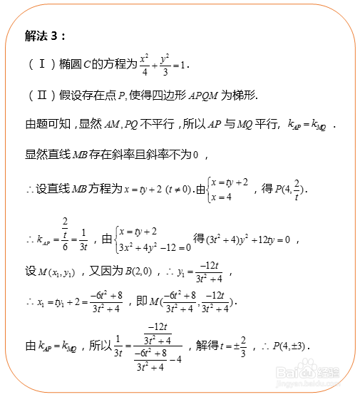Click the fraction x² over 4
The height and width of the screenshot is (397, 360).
144,64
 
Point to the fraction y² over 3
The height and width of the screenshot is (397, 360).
165,64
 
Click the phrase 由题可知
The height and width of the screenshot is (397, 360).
48,124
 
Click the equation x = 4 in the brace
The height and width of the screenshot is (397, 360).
225,197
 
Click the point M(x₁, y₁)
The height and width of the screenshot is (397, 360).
58,272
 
